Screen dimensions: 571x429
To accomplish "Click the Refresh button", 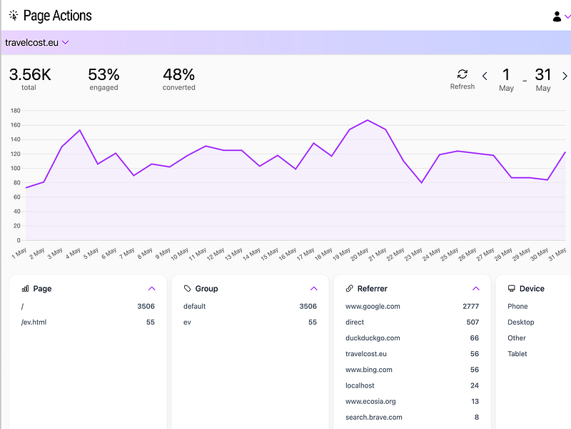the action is click(462, 79).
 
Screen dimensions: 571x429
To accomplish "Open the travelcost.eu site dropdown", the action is click(37, 43).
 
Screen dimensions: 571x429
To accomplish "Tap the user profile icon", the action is click(557, 16).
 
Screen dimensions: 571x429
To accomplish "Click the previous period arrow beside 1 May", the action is click(485, 76).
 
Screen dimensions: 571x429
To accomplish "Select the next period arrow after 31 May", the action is click(565, 76).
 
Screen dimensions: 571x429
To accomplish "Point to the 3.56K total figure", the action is click(30, 75).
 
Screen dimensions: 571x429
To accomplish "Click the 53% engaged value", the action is click(103, 75).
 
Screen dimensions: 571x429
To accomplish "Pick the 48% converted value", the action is click(179, 75).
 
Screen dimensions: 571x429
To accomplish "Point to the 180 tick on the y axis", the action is click(16, 111).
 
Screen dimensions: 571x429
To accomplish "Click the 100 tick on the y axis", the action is click(16, 168).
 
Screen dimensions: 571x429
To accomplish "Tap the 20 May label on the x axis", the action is click(359, 254).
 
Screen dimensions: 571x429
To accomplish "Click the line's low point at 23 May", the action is click(422, 182).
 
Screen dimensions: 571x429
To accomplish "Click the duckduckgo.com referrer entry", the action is click(373, 338).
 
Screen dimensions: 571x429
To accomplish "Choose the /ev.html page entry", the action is click(34, 322).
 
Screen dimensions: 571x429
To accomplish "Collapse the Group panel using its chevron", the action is click(314, 289).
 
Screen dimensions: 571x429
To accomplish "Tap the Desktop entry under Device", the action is click(521, 322).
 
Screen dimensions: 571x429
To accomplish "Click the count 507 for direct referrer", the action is click(473, 322).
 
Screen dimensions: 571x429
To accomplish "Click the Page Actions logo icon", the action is click(14, 16).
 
